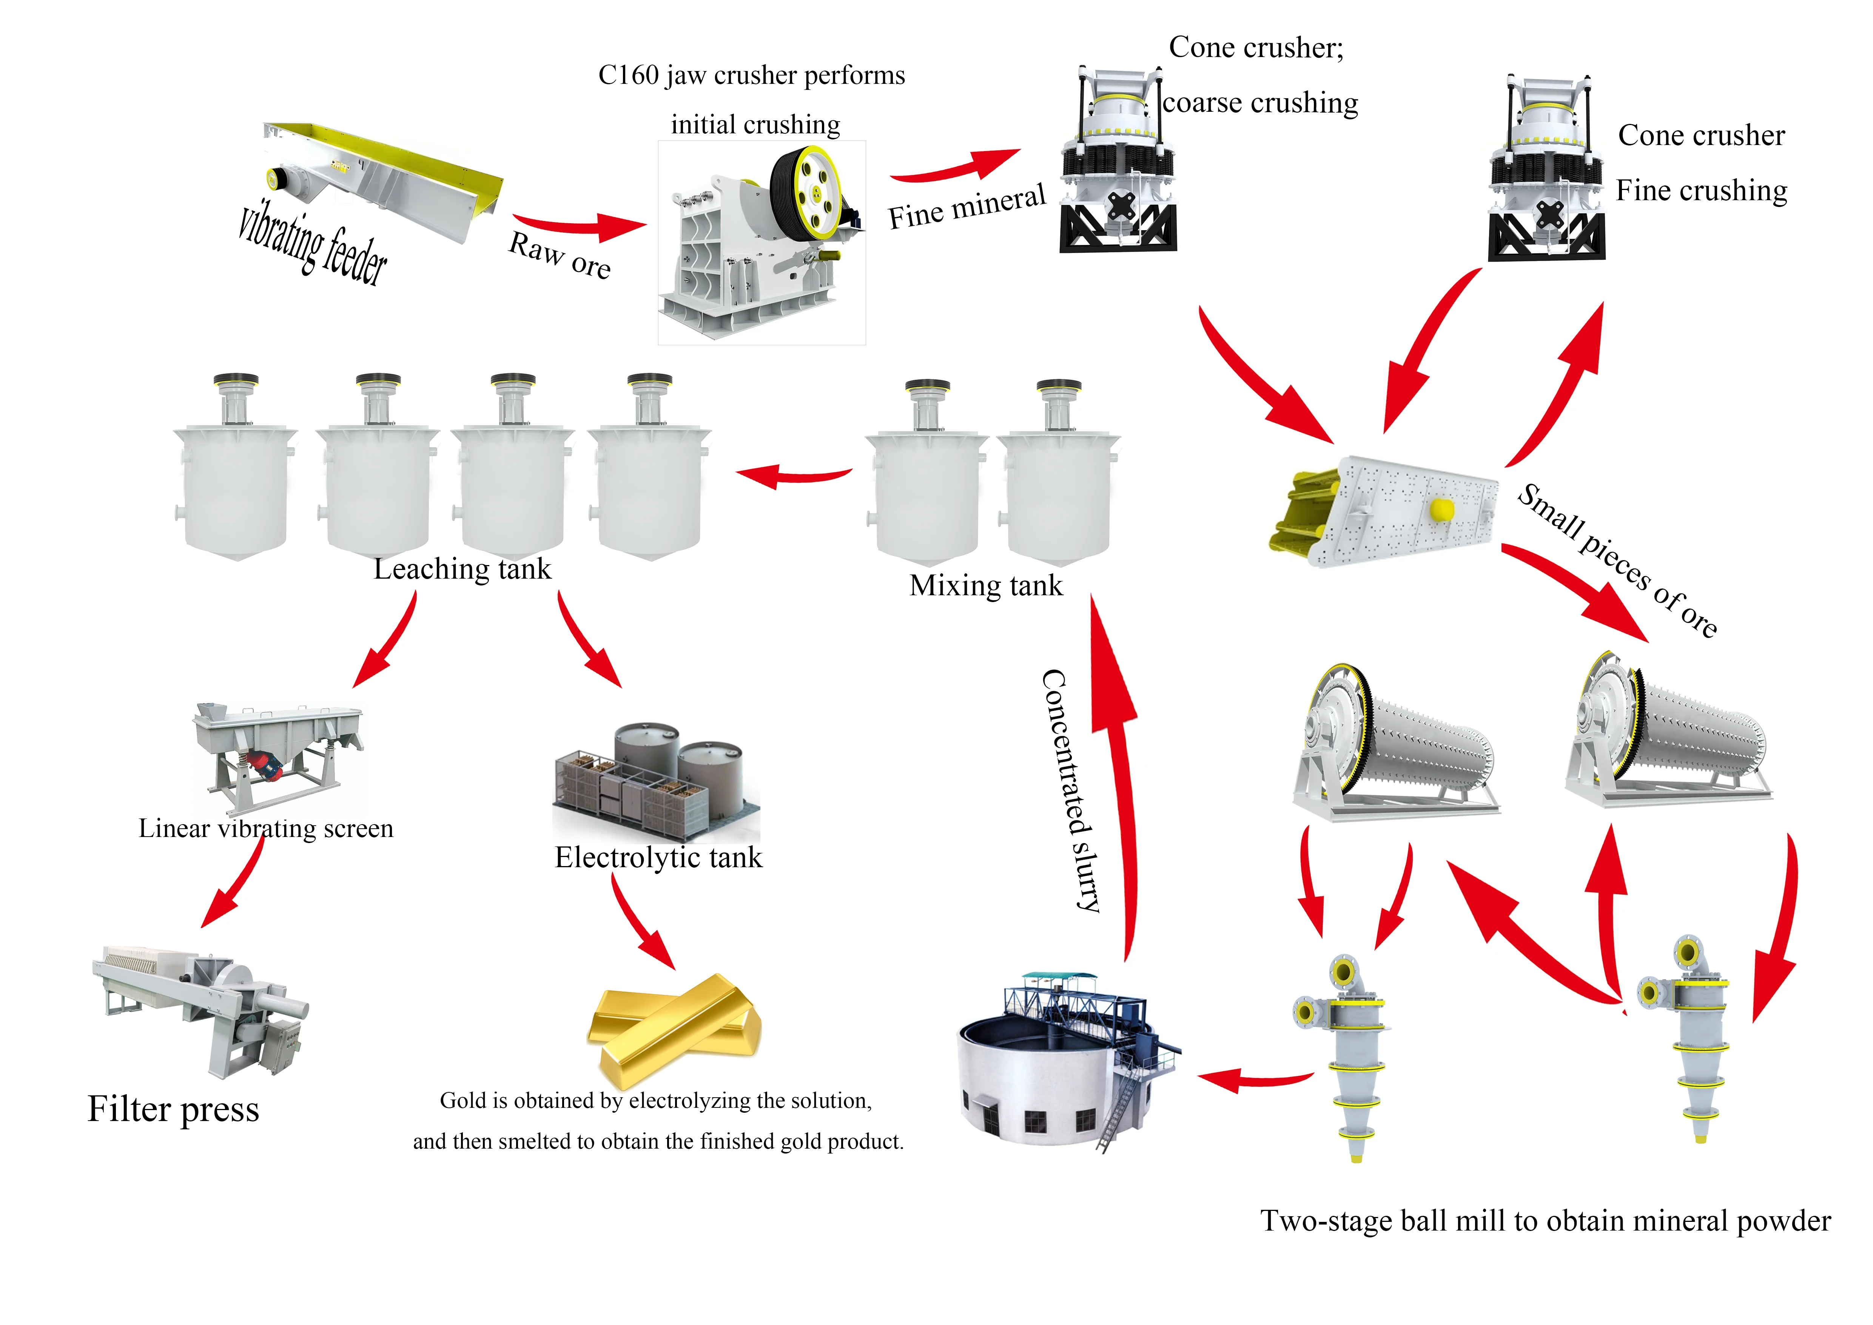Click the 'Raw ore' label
pyautogui.click(x=560, y=255)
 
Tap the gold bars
pyautogui.click(x=674, y=1026)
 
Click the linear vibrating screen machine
pyautogui.click(x=276, y=746)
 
